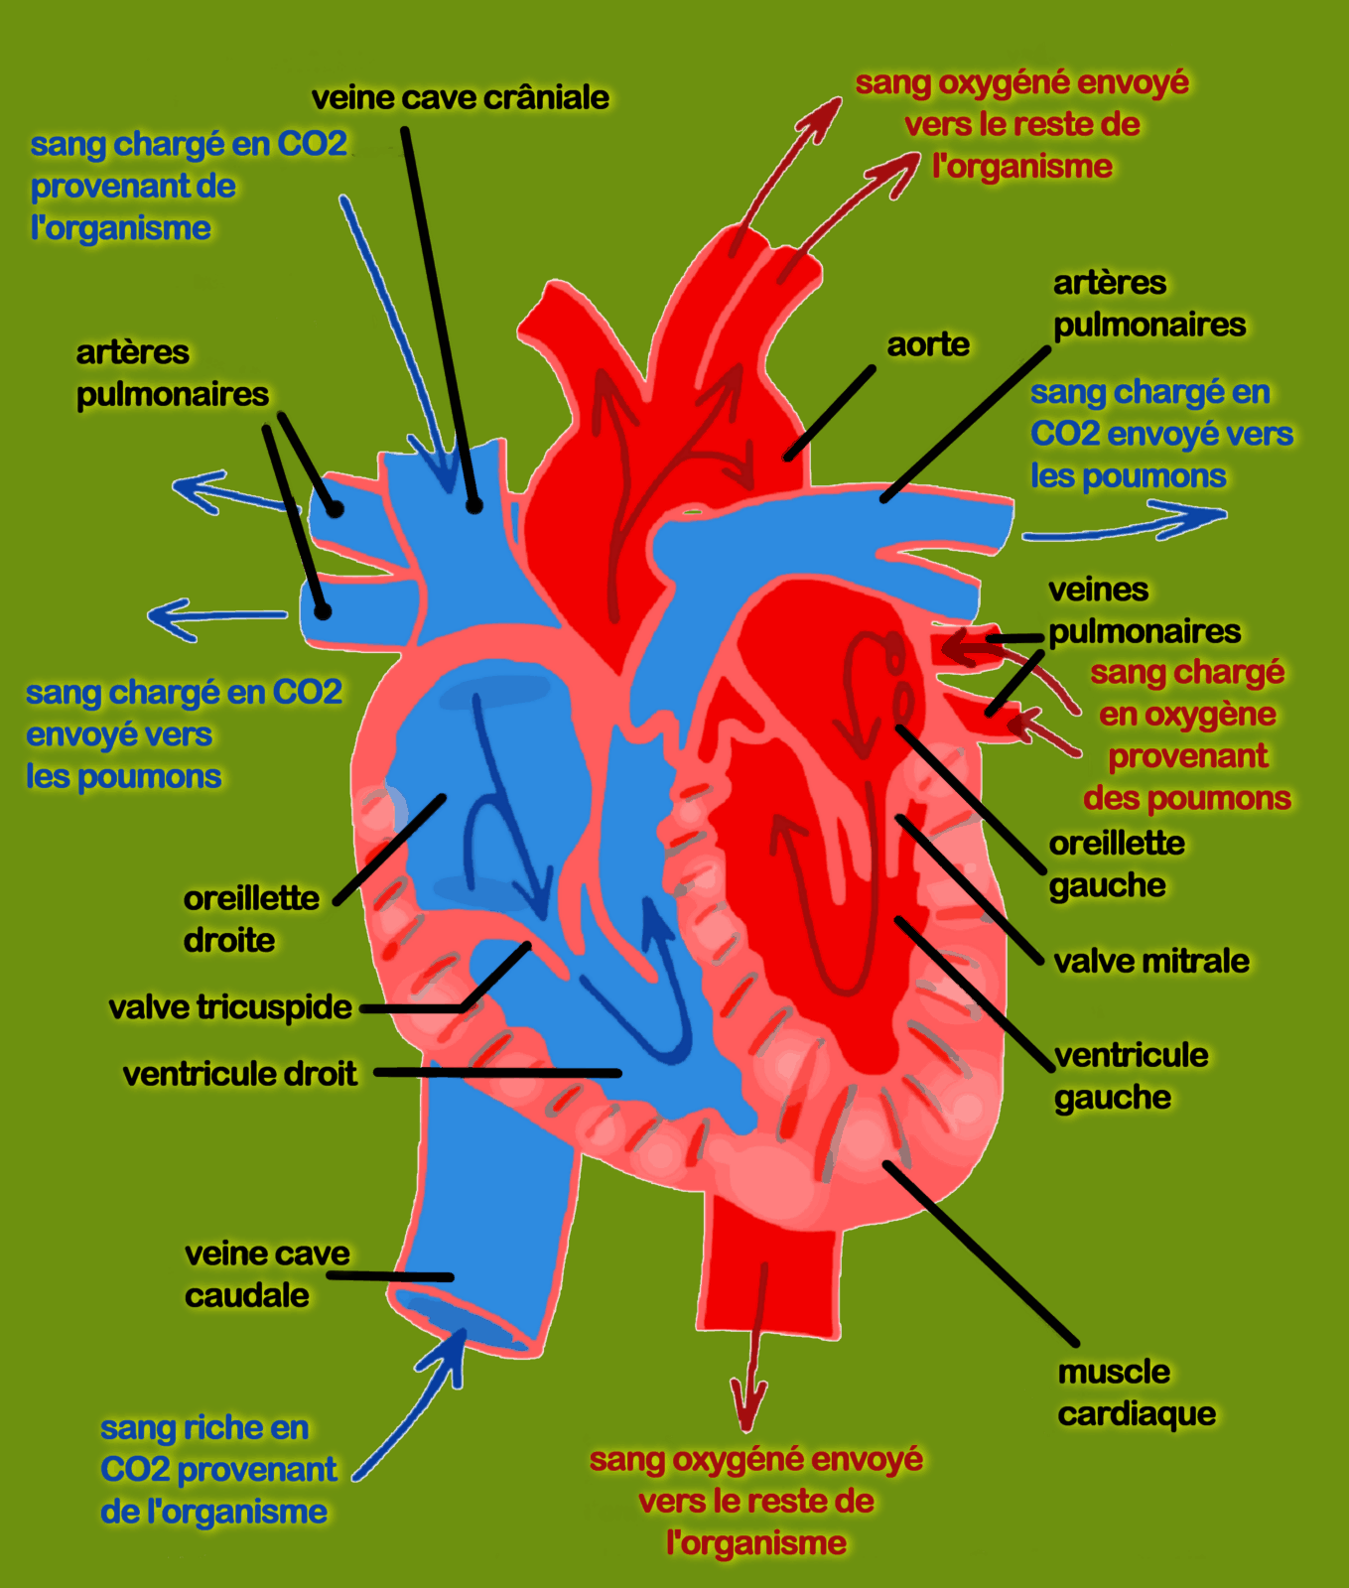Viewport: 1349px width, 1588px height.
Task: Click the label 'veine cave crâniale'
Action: pyautogui.click(x=460, y=98)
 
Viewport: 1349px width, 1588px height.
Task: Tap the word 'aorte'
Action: pyautogui.click(x=927, y=344)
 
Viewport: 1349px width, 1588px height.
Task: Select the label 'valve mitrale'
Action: pyautogui.click(x=1150, y=961)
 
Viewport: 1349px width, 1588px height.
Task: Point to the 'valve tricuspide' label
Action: pyautogui.click(x=229, y=1007)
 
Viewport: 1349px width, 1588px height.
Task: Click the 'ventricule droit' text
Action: pyautogui.click(x=239, y=1074)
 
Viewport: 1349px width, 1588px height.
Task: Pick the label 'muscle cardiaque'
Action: pyautogui.click(x=1136, y=1392)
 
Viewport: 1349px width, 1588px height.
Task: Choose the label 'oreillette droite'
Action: pyautogui.click(x=250, y=919)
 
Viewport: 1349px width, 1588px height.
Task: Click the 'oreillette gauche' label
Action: pyautogui.click(x=1116, y=864)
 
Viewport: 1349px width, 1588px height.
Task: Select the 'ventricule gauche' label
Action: pyautogui.click(x=1131, y=1076)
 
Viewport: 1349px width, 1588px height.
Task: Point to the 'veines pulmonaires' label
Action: pyautogui.click(x=1144, y=610)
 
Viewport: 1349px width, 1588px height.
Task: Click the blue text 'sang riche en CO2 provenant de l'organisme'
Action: pyautogui.click(x=217, y=1470)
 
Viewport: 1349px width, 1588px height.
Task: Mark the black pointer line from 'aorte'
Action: pyautogui.click(x=830, y=414)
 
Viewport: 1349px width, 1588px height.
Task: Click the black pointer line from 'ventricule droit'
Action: pyautogui.click(x=496, y=1073)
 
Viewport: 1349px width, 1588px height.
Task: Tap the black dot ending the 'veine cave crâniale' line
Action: pyautogui.click(x=474, y=505)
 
